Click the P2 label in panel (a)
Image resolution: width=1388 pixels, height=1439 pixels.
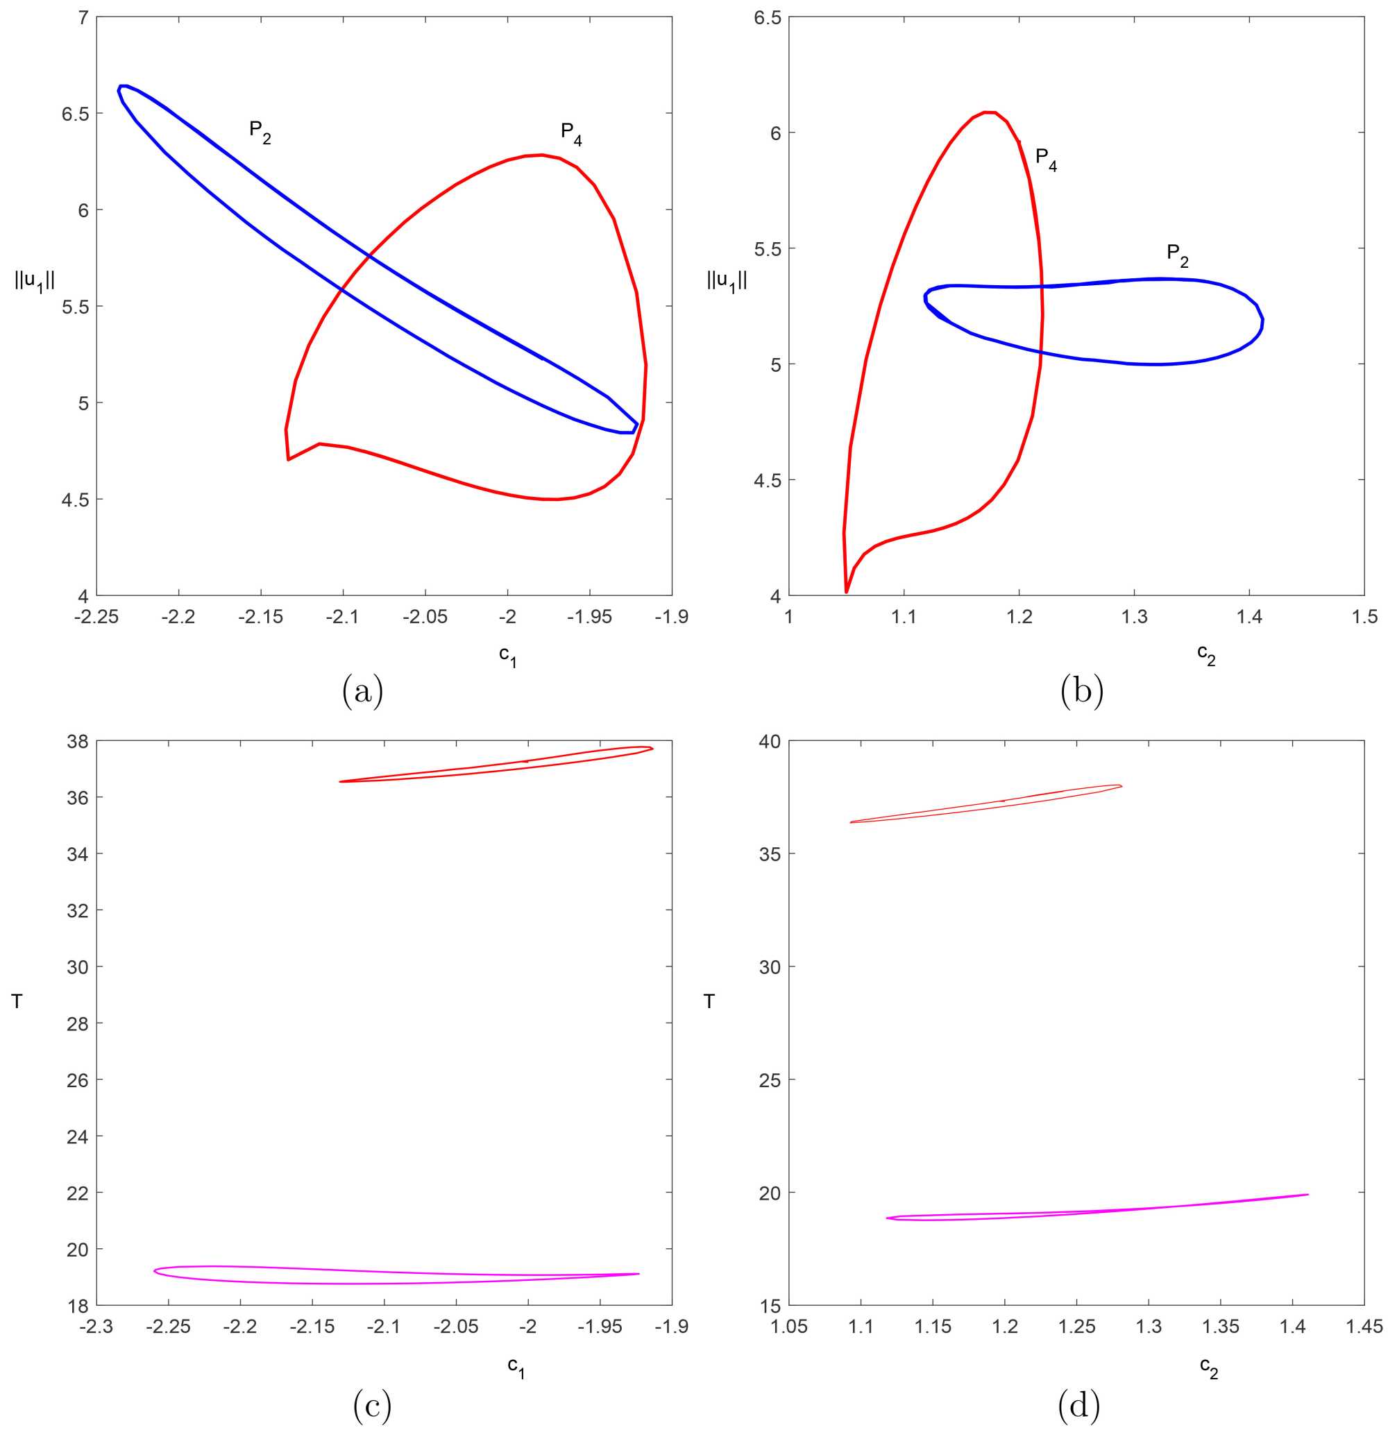(260, 132)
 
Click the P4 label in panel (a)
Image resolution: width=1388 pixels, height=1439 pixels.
(571, 134)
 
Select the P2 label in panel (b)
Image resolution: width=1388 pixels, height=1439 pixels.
(1177, 255)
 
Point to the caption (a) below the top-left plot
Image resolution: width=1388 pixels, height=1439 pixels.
(363, 692)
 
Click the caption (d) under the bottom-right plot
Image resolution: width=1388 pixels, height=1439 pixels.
(1078, 1405)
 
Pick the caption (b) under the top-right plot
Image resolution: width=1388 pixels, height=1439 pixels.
(1082, 692)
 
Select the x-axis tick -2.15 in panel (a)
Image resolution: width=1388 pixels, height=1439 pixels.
(260, 617)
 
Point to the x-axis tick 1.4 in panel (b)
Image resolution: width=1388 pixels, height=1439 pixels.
(1249, 617)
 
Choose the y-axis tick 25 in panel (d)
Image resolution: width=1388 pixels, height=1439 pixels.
(769, 1080)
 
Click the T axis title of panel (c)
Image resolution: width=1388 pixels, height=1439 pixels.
(17, 1001)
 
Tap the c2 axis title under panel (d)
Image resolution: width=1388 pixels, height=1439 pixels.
(1208, 1365)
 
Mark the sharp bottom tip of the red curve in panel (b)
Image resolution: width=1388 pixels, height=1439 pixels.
(847, 592)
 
